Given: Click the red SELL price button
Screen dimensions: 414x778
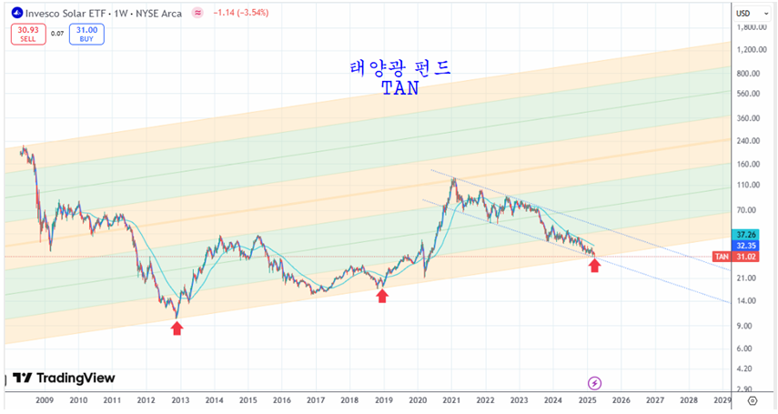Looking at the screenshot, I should click(x=27, y=35).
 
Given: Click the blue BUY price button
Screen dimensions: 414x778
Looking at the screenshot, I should click(x=86, y=35).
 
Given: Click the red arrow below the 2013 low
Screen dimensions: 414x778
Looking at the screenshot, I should click(x=177, y=328).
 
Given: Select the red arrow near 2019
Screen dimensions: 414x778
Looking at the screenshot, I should click(x=382, y=296).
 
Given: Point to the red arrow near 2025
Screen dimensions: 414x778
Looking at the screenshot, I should click(x=594, y=266).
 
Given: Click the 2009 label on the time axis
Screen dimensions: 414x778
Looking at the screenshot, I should click(x=44, y=399).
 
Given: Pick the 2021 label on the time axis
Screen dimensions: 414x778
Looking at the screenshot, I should click(x=451, y=399).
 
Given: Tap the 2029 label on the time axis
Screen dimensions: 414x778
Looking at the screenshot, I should click(x=722, y=399).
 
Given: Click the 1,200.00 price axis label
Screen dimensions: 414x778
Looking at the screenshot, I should click(x=749, y=50).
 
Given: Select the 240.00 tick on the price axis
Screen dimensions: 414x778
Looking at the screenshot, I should click(x=749, y=141).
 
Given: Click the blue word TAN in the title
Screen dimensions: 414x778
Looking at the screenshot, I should click(x=400, y=90).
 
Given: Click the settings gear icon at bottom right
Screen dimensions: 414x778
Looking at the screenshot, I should click(x=753, y=399).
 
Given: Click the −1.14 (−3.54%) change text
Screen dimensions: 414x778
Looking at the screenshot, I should click(x=240, y=14).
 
